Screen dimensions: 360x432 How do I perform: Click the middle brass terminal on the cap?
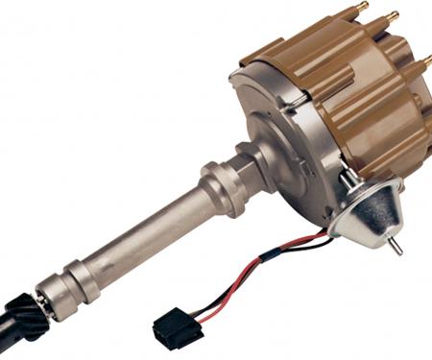tap(393, 20)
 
